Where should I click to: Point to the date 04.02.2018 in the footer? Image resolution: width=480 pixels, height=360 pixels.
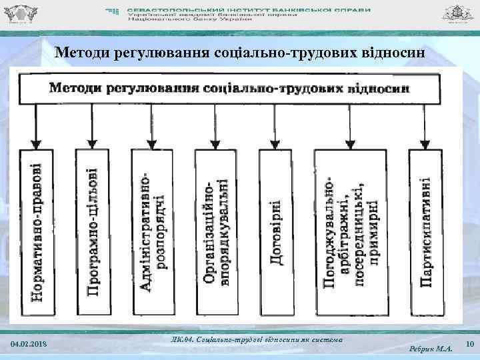point(30,343)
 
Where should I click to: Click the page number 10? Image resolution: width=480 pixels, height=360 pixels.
point(469,344)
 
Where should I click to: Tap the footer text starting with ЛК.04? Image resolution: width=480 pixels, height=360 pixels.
point(257,339)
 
